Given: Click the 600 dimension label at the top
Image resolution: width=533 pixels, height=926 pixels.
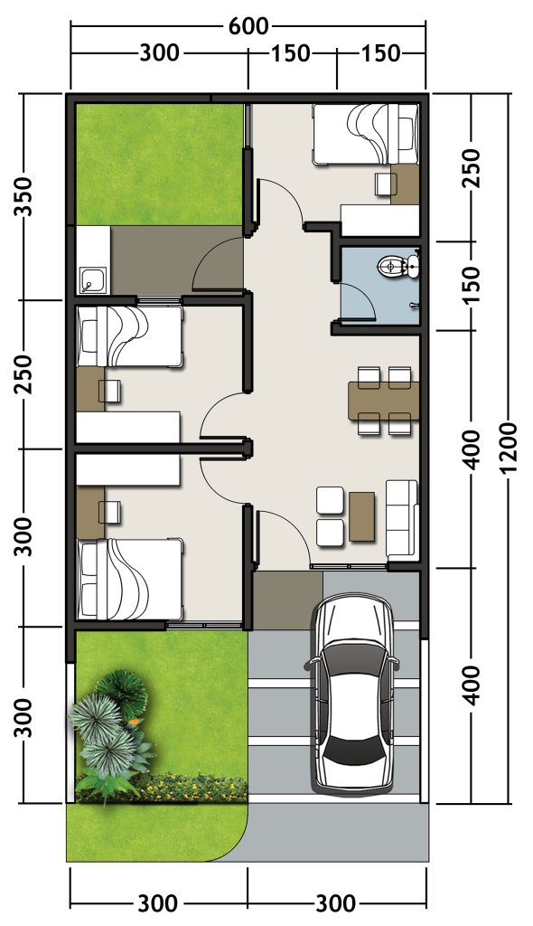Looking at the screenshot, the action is pos(248,25).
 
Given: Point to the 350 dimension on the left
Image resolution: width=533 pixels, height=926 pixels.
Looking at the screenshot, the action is pos(23,196).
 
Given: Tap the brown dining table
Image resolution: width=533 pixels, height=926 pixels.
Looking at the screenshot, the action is pos(384,401).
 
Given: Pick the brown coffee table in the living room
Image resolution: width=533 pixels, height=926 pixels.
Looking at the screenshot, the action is pos(362,515).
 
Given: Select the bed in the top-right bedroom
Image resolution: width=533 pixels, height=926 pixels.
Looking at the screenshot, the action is pos(365,134).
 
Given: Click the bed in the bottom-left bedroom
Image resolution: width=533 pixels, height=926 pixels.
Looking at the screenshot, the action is pos(129,580).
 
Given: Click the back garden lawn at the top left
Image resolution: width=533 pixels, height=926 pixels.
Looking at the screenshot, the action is pos(159,165).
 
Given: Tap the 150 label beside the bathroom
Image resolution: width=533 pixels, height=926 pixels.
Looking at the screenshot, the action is pos(473,285).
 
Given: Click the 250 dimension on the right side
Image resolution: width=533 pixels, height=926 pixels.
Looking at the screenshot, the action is pos(473,168).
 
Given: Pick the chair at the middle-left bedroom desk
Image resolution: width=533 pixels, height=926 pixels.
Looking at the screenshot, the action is pos(111,391).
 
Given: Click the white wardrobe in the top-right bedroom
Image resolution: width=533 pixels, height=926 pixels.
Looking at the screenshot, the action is pos(380,220).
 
